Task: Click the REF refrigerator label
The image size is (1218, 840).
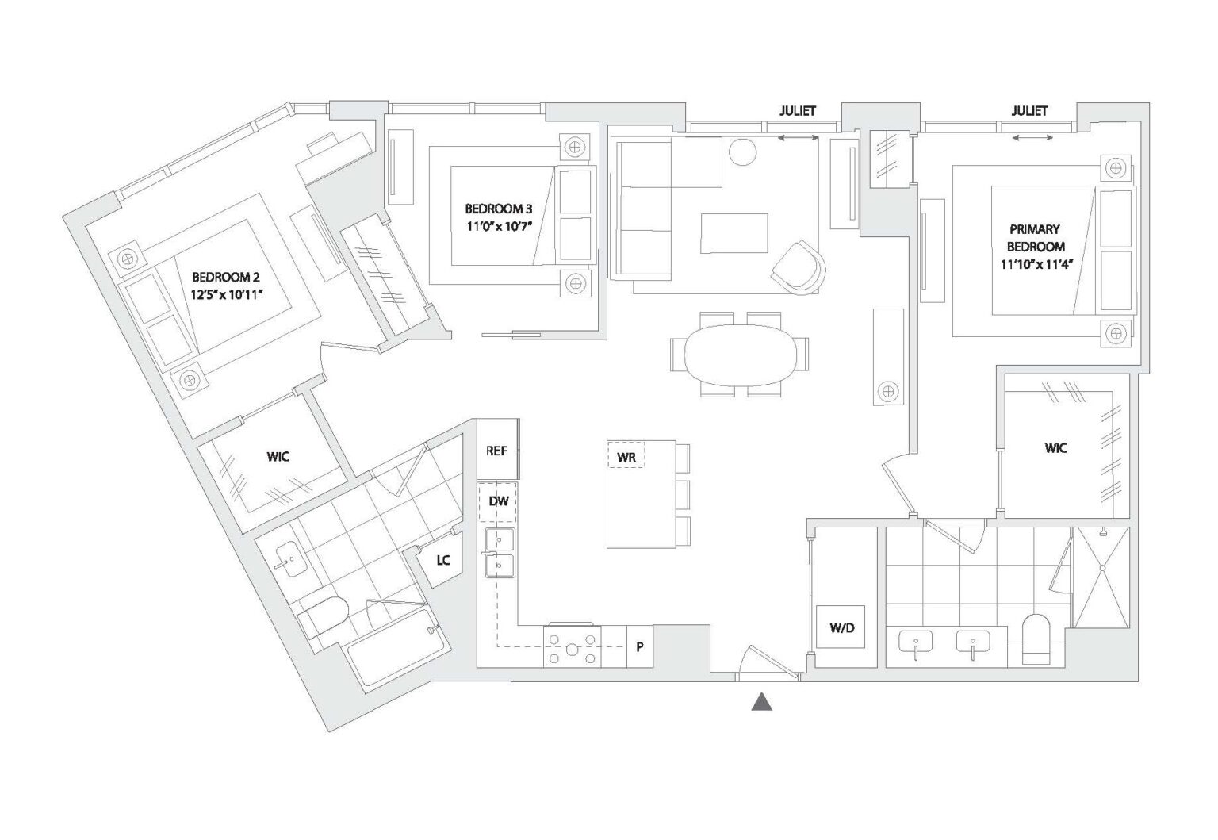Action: [496, 451]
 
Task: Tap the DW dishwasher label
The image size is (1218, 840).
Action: [498, 501]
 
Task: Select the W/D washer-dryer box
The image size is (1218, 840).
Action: [842, 628]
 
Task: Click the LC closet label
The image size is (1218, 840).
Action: [442, 560]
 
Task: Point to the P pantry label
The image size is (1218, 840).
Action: [640, 646]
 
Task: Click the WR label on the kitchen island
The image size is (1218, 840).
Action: [626, 458]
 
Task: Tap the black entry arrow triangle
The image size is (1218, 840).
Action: [762, 701]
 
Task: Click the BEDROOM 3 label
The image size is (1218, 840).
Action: [498, 209]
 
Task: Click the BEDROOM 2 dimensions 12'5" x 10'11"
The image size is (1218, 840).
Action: [226, 293]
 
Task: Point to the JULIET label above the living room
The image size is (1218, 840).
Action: [796, 111]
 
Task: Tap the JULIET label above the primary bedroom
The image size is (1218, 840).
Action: [1029, 111]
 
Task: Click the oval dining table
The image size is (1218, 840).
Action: [740, 354]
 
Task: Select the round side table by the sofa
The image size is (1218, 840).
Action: [744, 152]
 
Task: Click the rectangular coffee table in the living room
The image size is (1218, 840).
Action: [734, 233]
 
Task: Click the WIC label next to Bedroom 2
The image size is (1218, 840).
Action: [278, 457]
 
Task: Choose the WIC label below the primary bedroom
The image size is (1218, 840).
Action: [1055, 448]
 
